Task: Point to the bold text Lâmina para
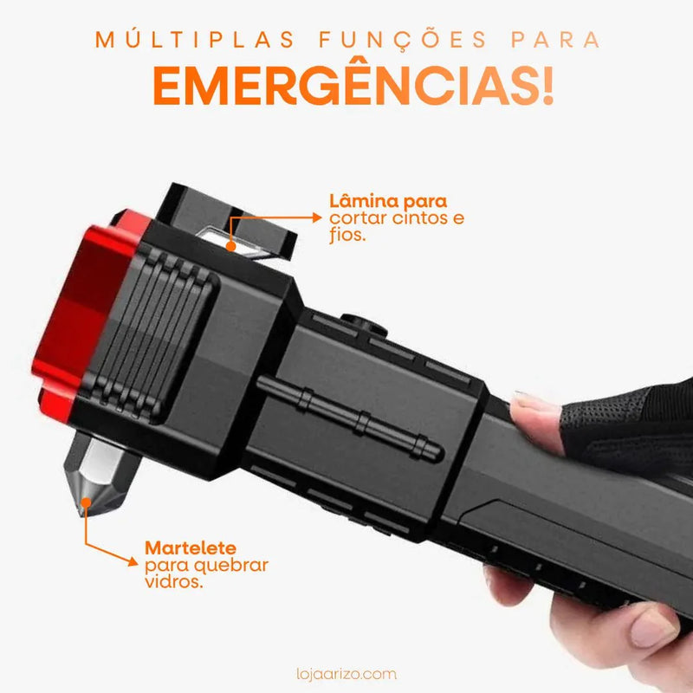(388, 201)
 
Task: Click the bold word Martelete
(190, 548)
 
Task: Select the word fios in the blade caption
(348, 235)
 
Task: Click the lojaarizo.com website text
(346, 672)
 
